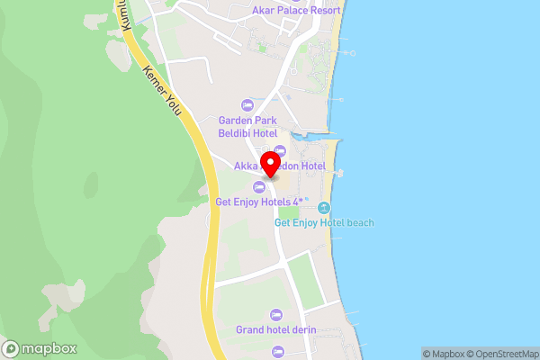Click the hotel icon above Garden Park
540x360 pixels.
coord(248,105)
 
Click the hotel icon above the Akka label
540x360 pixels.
coord(280,150)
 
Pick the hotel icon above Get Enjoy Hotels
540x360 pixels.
coord(259,186)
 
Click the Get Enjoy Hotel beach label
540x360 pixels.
coord(324,222)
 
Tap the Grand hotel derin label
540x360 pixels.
coord(276,329)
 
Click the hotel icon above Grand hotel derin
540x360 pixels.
coord(276,314)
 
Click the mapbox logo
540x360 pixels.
coord(40,348)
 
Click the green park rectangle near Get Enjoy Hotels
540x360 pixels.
coord(288,212)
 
